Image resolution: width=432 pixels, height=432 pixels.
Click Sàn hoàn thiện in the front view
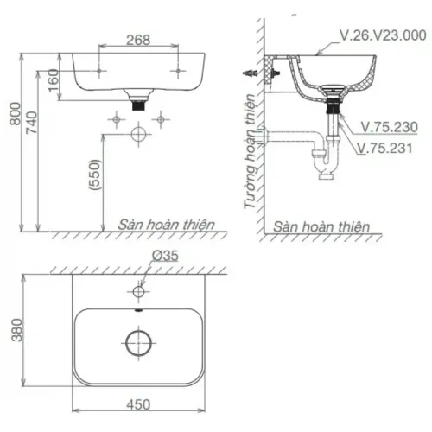pyautogui.click(x=167, y=224)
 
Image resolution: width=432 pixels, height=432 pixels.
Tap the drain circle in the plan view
pyautogui.click(x=138, y=343)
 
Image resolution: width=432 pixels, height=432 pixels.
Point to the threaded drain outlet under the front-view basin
pyautogui.click(x=138, y=100)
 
